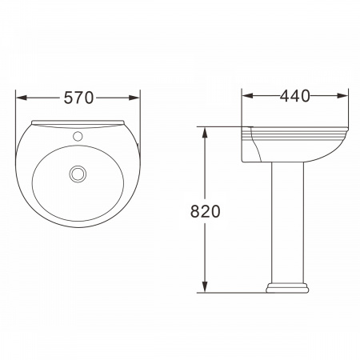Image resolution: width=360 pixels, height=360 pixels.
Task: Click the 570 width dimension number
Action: point(78,98)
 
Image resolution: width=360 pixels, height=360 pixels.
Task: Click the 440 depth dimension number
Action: point(295,95)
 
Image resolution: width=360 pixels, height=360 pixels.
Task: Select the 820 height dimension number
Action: point(205,211)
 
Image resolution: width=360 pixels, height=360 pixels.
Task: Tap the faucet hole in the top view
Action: point(78,136)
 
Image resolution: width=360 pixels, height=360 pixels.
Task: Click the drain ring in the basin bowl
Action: point(78,174)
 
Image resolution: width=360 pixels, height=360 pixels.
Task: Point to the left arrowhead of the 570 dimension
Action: point(22,98)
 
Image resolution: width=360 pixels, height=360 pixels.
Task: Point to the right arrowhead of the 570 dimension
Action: point(134,98)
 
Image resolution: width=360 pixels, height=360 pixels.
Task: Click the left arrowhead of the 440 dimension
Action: point(247,95)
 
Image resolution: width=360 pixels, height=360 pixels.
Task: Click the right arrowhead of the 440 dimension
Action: point(342,95)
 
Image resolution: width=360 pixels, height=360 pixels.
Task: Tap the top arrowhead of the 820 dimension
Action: point(205,133)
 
